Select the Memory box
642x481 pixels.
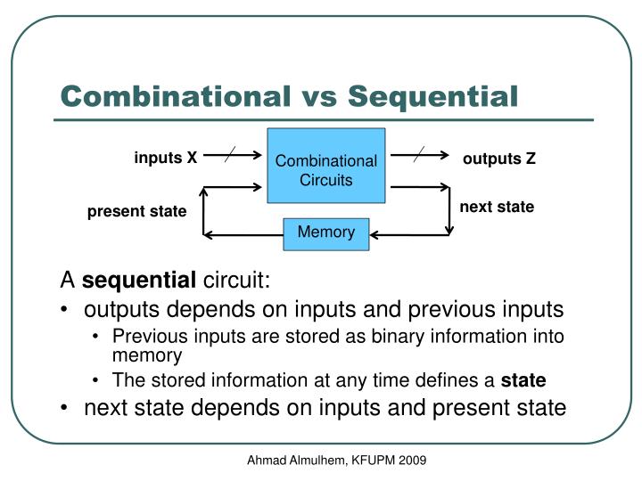(x=325, y=233)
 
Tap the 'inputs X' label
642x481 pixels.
(x=166, y=159)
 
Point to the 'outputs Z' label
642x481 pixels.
(x=499, y=159)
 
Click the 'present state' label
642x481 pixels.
(x=136, y=211)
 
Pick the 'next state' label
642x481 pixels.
(x=497, y=207)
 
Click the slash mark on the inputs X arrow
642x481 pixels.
(x=230, y=154)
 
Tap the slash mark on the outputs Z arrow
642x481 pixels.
(x=420, y=154)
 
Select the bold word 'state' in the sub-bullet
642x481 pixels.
(x=523, y=380)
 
